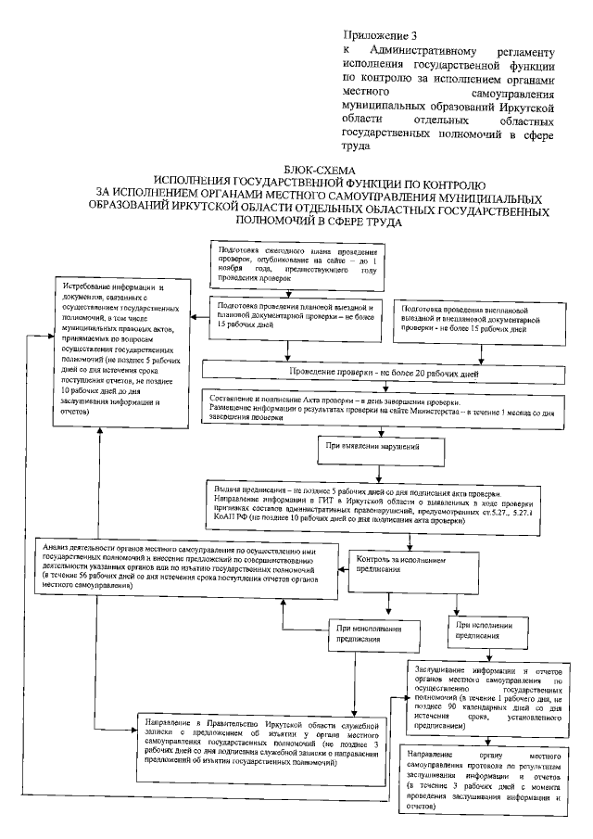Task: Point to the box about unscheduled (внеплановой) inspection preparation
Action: [x=468, y=317]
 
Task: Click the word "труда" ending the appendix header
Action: [x=356, y=146]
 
